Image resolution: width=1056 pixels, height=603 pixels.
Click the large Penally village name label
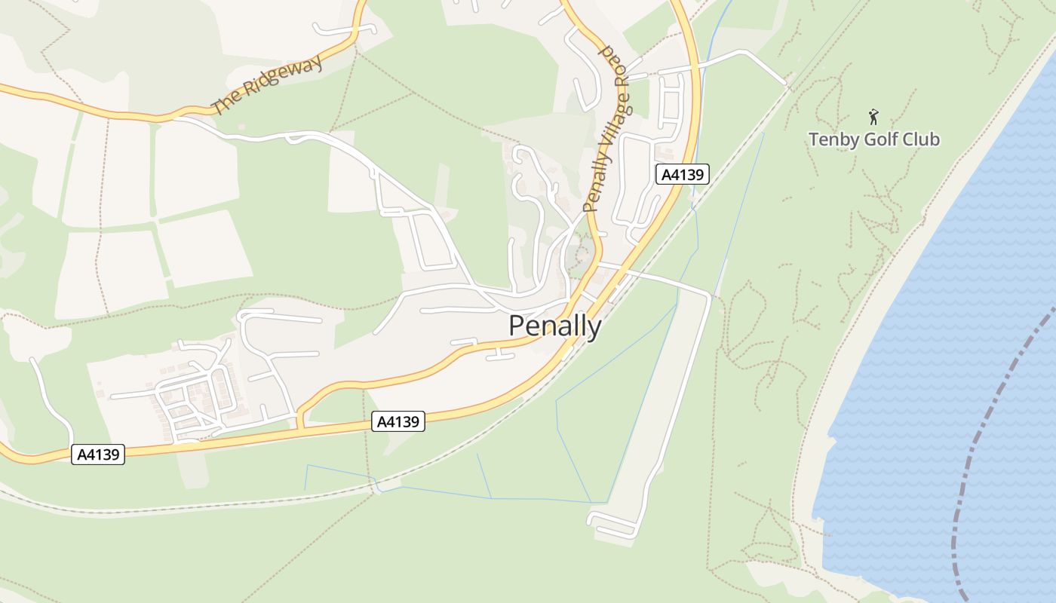point(555,326)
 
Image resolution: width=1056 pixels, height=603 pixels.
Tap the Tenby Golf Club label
point(874,139)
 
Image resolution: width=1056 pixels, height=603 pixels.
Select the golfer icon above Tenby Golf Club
point(873,117)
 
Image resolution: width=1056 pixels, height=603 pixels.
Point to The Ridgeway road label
point(267,84)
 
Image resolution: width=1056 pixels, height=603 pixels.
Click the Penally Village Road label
point(606,128)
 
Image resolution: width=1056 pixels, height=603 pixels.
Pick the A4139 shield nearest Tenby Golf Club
point(682,175)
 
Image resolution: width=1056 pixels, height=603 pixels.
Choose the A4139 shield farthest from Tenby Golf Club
point(98,455)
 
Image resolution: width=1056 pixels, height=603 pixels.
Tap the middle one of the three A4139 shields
point(398,422)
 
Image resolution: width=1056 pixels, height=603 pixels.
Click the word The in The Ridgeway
point(224,104)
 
